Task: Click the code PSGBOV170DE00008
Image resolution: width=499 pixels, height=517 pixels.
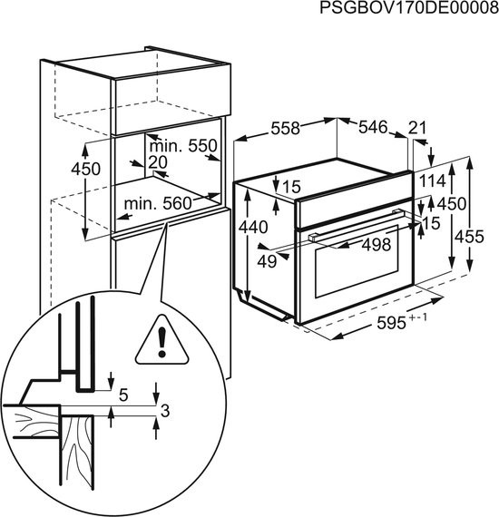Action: point(409,8)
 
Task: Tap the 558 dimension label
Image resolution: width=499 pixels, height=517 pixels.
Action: point(286,128)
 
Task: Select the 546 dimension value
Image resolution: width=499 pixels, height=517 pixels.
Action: point(373,127)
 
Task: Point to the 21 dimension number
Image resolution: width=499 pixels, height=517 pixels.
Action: point(417,128)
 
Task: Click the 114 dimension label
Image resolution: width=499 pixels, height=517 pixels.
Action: point(433,181)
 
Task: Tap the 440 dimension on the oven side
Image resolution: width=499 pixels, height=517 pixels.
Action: point(253,227)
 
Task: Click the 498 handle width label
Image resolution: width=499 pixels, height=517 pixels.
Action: point(377,244)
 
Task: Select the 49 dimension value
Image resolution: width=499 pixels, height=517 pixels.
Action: point(267,261)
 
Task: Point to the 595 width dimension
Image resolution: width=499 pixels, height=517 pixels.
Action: point(391,323)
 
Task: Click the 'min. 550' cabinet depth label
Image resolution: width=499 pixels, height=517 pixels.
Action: point(183,145)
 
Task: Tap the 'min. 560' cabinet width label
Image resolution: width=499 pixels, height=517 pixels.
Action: point(158,204)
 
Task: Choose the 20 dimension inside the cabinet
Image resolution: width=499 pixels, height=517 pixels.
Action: point(158,161)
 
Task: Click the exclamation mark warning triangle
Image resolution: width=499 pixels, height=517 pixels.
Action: point(161,340)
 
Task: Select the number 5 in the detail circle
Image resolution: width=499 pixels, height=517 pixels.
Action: point(123,395)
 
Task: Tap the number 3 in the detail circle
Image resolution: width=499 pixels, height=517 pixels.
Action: point(165,411)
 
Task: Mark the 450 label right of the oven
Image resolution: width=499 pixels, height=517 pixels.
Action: point(452,204)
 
